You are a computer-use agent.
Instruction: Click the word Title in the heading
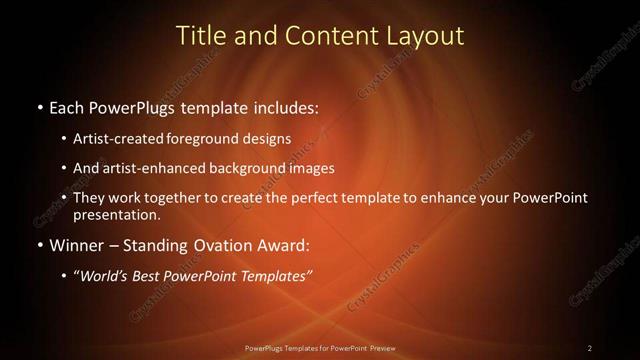point(200,35)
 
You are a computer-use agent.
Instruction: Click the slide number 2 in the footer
point(590,348)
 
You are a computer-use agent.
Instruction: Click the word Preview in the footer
point(377,348)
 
